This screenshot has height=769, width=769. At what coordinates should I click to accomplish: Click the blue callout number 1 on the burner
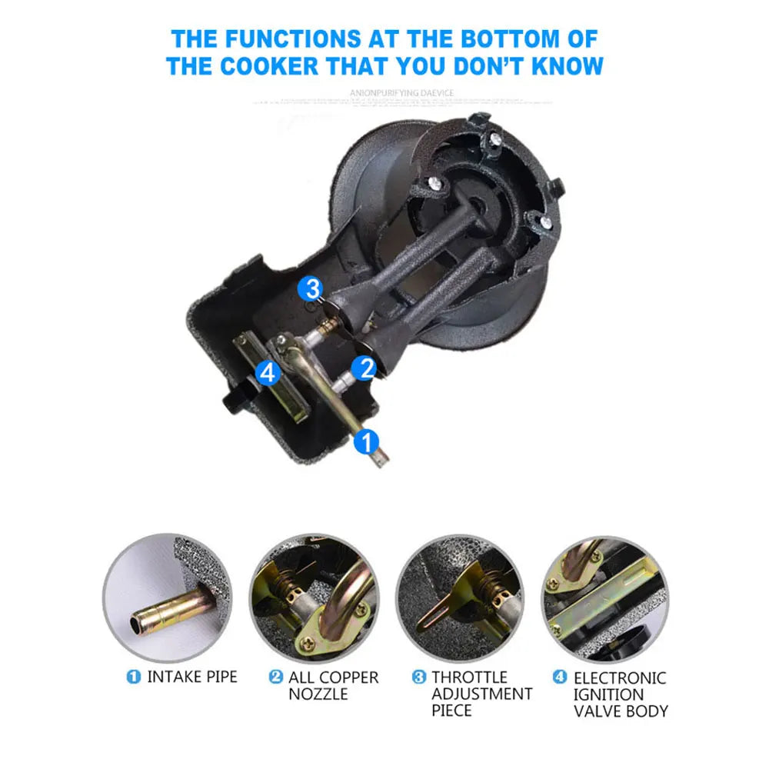tap(366, 441)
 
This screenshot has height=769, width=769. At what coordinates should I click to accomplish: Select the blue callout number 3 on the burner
tap(311, 289)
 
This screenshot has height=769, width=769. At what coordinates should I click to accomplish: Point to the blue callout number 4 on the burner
tap(267, 373)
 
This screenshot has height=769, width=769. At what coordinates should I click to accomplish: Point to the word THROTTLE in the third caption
tap(469, 677)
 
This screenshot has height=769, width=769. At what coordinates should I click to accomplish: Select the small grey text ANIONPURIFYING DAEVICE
tap(402, 93)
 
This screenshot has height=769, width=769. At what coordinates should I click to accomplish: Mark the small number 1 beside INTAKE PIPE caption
tap(134, 677)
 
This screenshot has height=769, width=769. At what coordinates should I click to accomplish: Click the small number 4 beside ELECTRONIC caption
tap(560, 677)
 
